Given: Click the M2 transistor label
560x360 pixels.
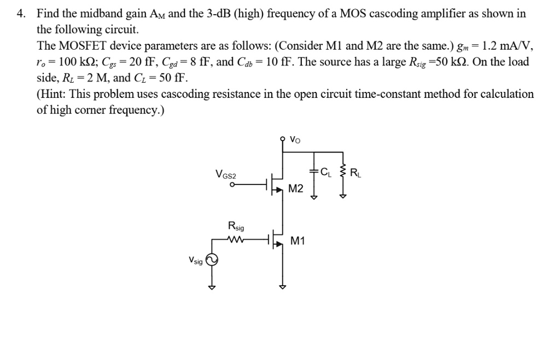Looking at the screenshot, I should click(x=295, y=189).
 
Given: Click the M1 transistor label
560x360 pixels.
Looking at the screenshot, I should click(x=298, y=241).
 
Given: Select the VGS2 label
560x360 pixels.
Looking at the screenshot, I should click(x=226, y=175).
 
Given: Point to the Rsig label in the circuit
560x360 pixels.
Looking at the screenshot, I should click(x=236, y=226).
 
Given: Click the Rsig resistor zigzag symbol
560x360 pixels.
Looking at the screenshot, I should click(x=236, y=239).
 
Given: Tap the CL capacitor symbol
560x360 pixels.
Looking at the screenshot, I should click(x=314, y=171).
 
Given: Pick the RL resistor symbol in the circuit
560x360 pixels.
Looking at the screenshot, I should click(x=343, y=173).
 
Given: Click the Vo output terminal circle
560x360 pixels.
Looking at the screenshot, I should click(x=283, y=140).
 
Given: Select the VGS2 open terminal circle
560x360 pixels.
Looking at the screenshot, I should click(x=232, y=185).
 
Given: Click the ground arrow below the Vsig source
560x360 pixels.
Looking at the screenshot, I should click(x=211, y=286).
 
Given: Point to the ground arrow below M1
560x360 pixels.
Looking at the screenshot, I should click(x=283, y=286).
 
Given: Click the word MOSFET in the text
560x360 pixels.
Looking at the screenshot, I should click(x=81, y=45).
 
